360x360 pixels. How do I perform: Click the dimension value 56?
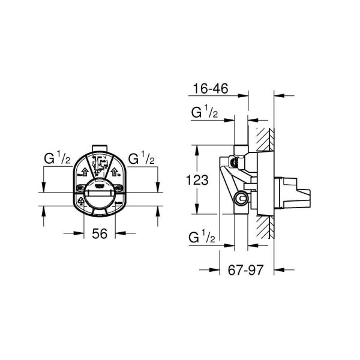click(100, 235)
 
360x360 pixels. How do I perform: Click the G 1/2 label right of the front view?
click(142, 160)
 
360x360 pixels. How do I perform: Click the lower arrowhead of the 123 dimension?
click(197, 210)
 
